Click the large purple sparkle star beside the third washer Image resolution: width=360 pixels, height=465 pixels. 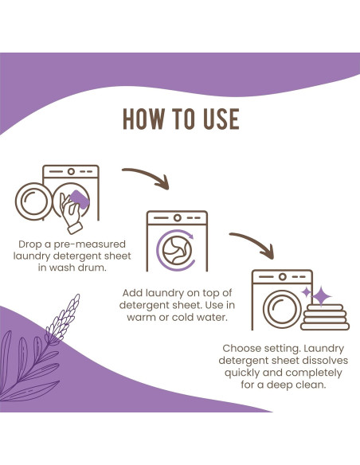322,296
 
